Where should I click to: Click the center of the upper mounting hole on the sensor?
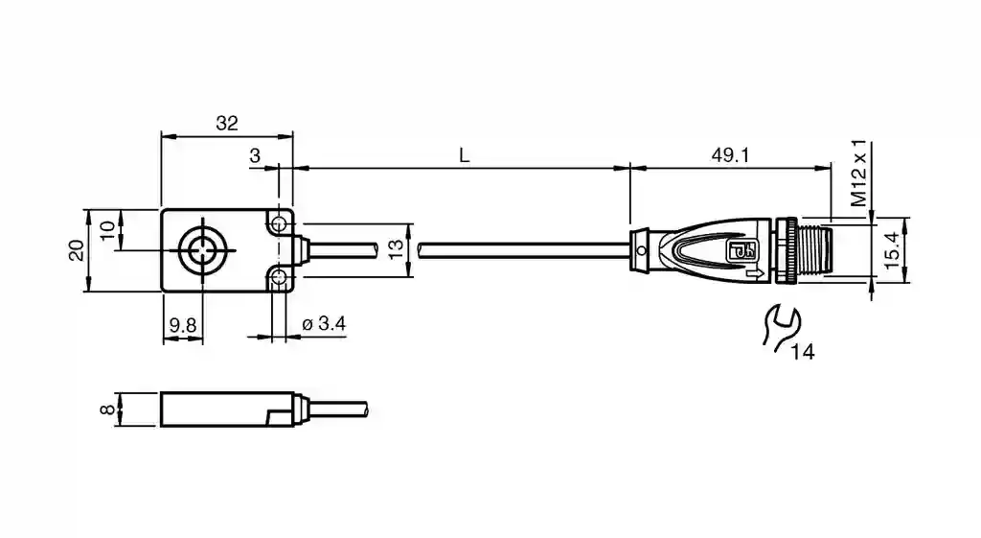pyautogui.click(x=279, y=223)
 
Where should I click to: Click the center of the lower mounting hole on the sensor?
pyautogui.click(x=279, y=277)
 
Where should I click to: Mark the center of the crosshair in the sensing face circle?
pyautogui.click(x=203, y=250)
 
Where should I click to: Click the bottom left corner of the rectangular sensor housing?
pyautogui.click(x=161, y=292)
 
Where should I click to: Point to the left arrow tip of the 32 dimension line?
pyautogui.click(x=161, y=136)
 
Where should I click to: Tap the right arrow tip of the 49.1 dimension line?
pyautogui.click(x=832, y=168)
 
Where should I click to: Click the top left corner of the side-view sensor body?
pyautogui.click(x=161, y=392)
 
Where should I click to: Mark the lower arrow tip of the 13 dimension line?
pyautogui.click(x=410, y=277)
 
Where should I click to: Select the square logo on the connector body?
pyautogui.click(x=741, y=250)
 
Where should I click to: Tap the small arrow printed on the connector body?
pyautogui.click(x=755, y=272)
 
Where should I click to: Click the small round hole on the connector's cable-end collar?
pyautogui.click(x=641, y=250)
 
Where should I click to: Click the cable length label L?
pyautogui.click(x=464, y=155)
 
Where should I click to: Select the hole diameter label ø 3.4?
pyautogui.click(x=324, y=324)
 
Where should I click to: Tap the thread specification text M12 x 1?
pyautogui.click(x=859, y=174)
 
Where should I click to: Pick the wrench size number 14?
pyautogui.click(x=803, y=352)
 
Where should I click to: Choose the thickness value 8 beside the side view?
pyautogui.click(x=107, y=409)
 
